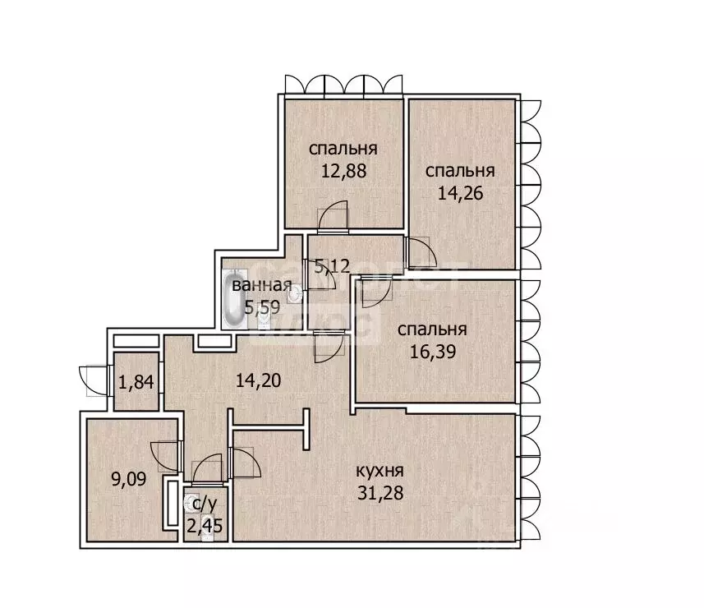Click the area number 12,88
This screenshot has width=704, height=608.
click(x=343, y=172)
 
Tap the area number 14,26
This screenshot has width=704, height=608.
click(x=460, y=194)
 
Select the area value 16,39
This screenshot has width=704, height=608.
click(x=433, y=352)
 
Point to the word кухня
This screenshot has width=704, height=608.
click(x=380, y=472)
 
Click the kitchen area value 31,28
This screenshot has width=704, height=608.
click(x=380, y=493)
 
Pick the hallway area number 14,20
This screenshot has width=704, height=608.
click(x=258, y=380)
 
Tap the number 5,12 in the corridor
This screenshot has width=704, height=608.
click(x=332, y=267)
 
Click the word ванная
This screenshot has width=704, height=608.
click(x=262, y=286)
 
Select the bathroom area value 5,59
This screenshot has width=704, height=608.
click(x=262, y=307)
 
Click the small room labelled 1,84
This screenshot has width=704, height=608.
click(x=136, y=382)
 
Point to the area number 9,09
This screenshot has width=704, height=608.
click(x=129, y=480)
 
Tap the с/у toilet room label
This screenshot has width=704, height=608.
click(x=205, y=504)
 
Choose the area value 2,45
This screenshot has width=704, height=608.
click(x=205, y=525)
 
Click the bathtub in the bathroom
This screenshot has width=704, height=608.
click(x=235, y=297)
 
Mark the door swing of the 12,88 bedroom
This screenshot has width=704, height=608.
click(x=333, y=217)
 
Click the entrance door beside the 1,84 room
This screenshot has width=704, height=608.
click(x=94, y=381)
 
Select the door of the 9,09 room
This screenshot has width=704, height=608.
click(x=166, y=456)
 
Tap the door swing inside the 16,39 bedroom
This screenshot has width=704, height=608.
click(x=376, y=292)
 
